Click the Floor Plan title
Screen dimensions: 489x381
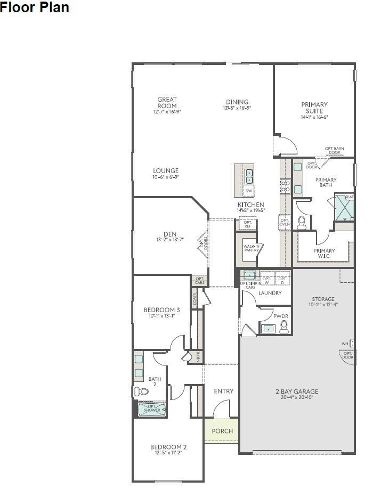35,8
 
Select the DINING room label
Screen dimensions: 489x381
237,102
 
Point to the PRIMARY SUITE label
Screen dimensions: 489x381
314,108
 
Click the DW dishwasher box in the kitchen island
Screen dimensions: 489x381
249,191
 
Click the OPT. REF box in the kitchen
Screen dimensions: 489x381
248,224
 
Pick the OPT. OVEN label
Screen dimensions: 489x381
285,222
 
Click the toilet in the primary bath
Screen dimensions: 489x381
302,222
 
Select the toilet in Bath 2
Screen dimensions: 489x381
142,392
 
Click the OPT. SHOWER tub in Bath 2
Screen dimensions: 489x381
152,410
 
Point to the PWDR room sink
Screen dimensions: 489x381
269,329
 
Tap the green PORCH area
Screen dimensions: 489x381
222,431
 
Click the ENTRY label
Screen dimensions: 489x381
223,392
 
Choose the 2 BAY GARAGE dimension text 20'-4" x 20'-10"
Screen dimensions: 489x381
298,397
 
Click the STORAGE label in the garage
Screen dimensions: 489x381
323,299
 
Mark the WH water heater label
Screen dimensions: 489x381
345,344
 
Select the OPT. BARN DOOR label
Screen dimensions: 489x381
334,150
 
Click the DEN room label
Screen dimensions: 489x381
169,234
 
